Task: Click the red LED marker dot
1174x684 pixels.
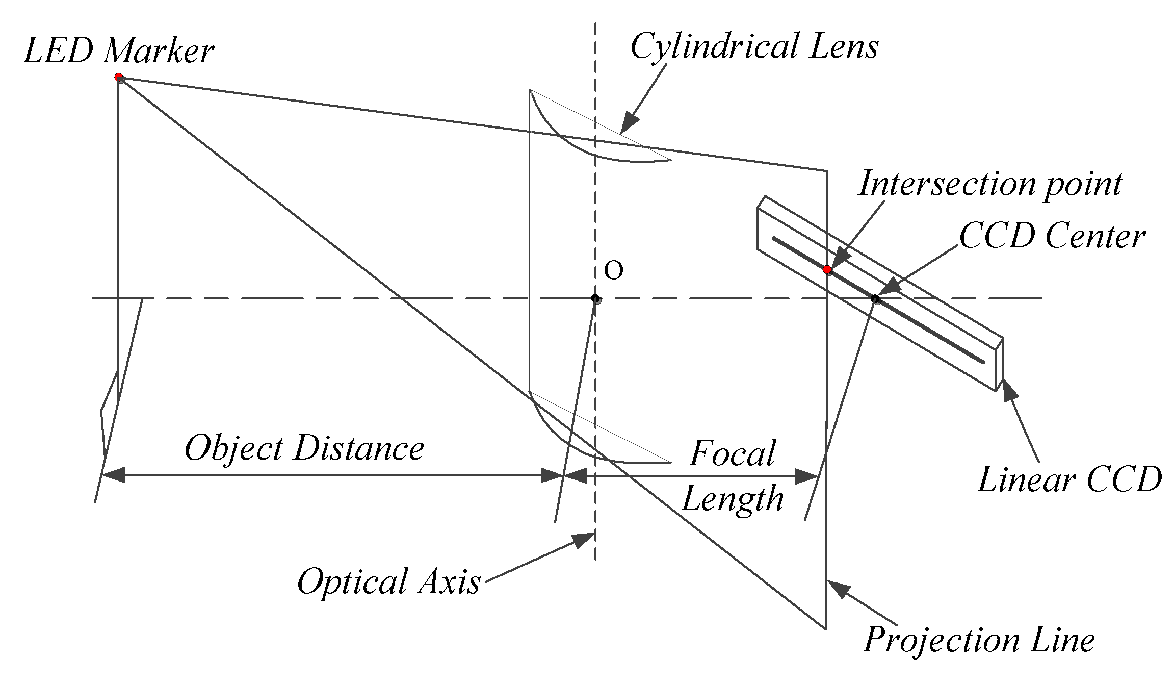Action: click(119, 78)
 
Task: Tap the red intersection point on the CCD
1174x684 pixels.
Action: click(827, 269)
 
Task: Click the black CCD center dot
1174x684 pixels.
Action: click(875, 299)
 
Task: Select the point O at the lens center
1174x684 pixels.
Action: click(595, 298)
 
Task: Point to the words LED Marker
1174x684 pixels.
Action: click(118, 51)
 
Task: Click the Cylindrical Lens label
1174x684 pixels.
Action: click(754, 47)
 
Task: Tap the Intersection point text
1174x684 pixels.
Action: click(990, 184)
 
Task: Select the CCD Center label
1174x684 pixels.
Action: click(1052, 237)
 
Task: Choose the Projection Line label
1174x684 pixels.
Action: click(979, 639)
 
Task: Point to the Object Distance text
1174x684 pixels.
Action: click(304, 448)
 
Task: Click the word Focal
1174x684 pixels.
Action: click(733, 453)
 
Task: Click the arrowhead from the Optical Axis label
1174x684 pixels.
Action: click(584, 540)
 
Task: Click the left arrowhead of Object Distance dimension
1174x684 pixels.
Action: click(113, 475)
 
